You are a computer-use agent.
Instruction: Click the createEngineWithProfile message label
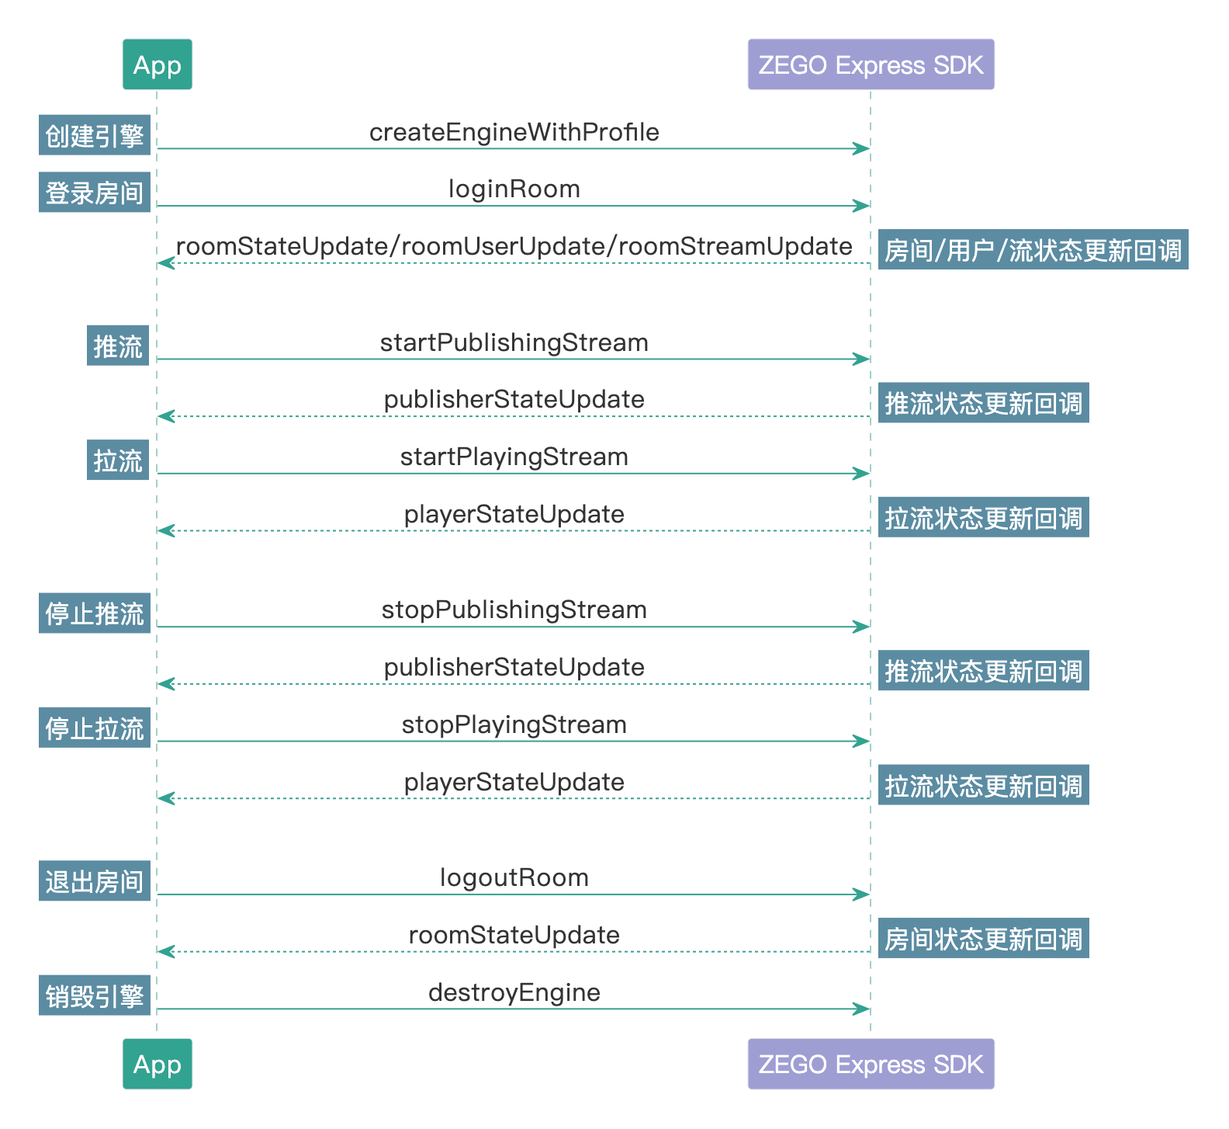(514, 133)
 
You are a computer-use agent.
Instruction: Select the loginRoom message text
(514, 189)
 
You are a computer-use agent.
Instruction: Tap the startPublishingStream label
(514, 343)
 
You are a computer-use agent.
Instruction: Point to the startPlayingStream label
(514, 457)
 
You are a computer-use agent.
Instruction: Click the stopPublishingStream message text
(514, 610)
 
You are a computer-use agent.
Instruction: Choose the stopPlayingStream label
(514, 725)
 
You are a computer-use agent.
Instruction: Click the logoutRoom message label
(514, 878)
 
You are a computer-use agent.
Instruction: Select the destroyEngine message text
(514, 993)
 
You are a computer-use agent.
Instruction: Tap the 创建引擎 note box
(95, 136)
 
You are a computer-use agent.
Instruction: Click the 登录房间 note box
(95, 193)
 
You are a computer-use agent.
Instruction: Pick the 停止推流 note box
(95, 613)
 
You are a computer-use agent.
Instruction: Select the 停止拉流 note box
(95, 728)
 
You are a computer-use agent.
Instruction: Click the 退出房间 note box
(95, 881)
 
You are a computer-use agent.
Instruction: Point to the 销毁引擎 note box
(95, 996)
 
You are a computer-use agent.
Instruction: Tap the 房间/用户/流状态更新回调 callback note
(1033, 250)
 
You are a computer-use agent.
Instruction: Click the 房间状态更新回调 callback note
(983, 939)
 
